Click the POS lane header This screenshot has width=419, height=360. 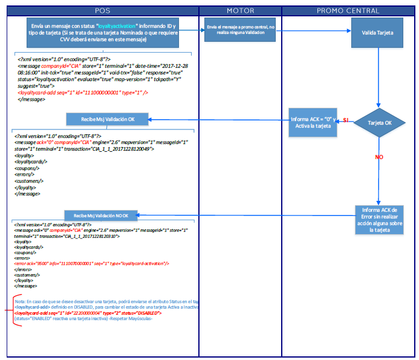103,11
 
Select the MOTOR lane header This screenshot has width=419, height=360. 240,11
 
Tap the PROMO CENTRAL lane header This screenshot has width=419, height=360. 348,11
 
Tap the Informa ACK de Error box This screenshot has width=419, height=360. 380,219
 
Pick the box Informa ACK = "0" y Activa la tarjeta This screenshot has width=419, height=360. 313,123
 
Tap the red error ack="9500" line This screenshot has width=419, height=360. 91,264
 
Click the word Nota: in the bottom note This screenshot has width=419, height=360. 20,301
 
